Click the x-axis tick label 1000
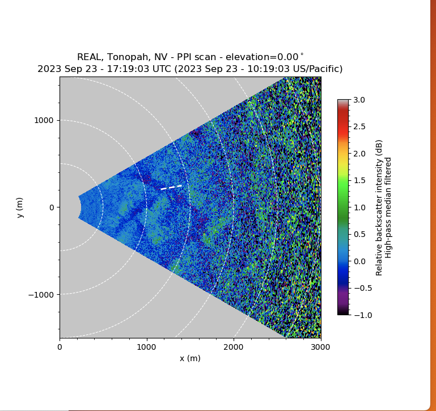147,346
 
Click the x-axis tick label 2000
234,346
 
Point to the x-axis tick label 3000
321,346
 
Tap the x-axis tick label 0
60,346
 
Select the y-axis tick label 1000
44,120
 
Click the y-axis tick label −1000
41,294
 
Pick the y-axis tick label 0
51,207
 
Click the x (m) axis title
190,358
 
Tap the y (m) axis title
20,207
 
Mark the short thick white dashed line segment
171,187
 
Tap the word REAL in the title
88,57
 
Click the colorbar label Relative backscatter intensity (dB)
379,207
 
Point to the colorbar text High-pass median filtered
388,207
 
